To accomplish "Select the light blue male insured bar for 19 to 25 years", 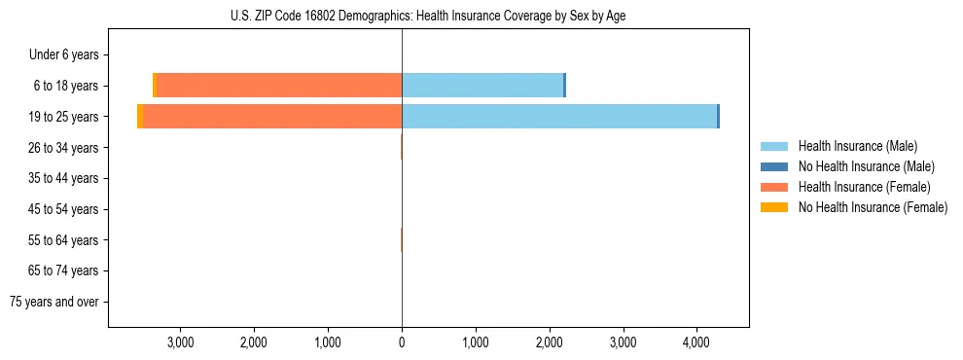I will (x=559, y=117).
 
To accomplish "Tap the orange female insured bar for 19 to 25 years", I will (x=272, y=117).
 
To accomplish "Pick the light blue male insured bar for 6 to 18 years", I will (x=482, y=86).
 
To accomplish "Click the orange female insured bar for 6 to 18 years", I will (x=279, y=86).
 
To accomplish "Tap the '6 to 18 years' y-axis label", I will (x=65, y=86).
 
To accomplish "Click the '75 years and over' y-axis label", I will (x=54, y=302).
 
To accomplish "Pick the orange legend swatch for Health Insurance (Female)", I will (x=774, y=187).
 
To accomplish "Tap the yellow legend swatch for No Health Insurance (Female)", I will (x=774, y=207).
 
